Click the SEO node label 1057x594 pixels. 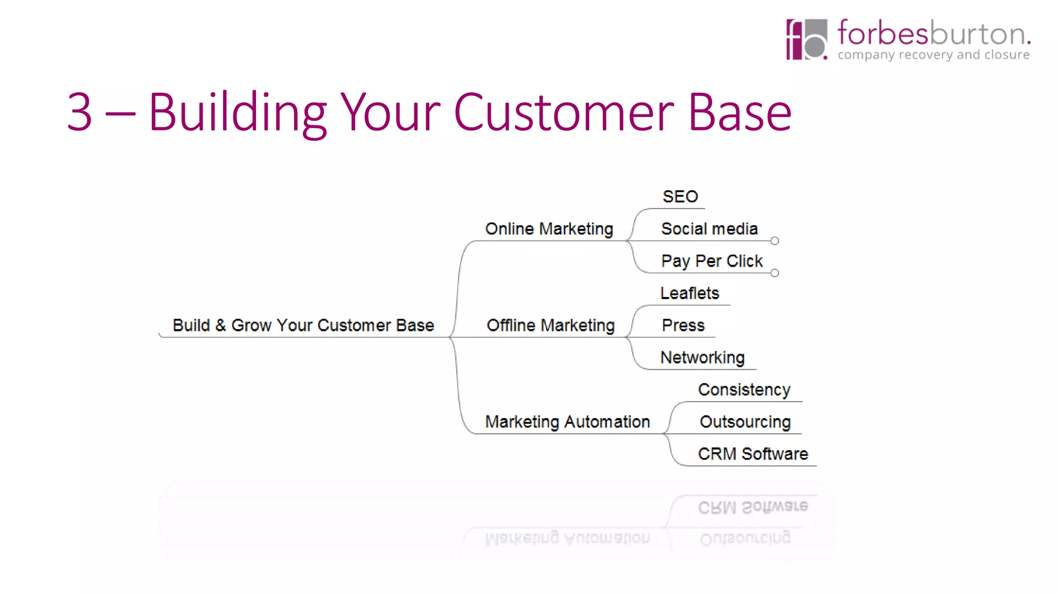680,196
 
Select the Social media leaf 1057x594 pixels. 709,228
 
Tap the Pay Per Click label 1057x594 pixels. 712,261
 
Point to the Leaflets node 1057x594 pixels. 690,293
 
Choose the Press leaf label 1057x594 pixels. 683,325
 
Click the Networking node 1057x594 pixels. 702,357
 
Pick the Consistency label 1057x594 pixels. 744,390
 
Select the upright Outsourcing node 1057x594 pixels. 745,422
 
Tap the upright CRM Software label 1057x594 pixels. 752,454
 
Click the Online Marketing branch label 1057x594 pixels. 549,228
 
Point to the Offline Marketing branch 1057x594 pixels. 550,325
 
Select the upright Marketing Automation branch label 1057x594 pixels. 567,422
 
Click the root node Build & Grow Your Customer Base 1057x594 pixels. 303,325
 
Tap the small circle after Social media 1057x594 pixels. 775,241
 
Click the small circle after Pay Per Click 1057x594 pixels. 775,273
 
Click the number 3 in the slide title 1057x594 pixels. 79,112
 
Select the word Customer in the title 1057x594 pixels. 564,112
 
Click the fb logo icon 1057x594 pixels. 806,40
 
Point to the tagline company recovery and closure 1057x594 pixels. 933,55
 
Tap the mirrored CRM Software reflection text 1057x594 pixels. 752,507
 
